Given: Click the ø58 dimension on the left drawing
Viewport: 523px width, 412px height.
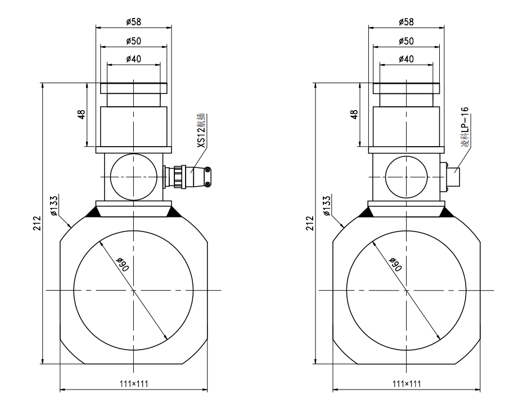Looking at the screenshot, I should (x=133, y=22).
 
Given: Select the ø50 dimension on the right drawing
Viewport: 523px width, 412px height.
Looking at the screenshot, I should (x=405, y=41).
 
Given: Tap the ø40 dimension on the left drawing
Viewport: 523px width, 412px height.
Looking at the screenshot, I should (x=133, y=59).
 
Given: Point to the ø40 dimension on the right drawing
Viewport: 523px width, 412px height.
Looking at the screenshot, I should (x=405, y=59).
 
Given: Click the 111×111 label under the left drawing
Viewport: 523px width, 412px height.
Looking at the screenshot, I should (x=133, y=383).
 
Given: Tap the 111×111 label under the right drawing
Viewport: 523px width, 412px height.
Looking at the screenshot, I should (x=405, y=383).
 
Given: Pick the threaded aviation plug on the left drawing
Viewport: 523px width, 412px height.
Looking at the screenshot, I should (x=186, y=176).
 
